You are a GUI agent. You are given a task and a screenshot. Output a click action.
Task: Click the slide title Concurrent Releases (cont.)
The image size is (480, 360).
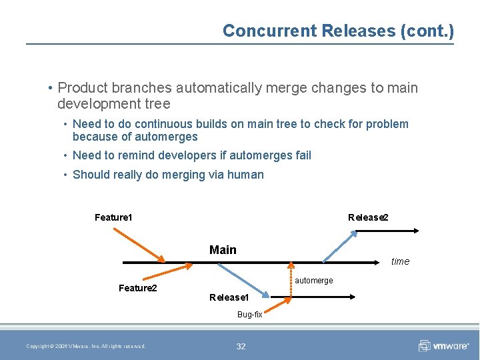click(x=338, y=31)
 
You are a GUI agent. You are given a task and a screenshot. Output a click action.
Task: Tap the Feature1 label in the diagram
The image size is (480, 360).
click(x=113, y=217)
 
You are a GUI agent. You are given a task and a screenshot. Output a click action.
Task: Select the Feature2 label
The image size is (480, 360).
click(x=137, y=288)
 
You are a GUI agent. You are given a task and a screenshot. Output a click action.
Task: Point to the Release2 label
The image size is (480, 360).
click(x=368, y=217)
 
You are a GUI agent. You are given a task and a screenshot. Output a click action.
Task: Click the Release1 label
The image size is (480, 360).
click(x=229, y=297)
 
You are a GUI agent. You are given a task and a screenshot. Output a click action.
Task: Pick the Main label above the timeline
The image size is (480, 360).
click(x=223, y=250)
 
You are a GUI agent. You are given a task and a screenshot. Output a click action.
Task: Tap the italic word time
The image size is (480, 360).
click(x=400, y=261)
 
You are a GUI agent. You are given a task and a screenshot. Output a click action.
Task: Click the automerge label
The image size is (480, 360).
click(x=314, y=281)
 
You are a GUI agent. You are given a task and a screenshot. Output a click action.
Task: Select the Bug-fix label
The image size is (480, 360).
click(x=250, y=314)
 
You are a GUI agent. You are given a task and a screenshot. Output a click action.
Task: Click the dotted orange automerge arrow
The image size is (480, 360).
click(x=290, y=279)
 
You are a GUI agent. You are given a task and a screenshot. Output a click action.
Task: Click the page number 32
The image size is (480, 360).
click(x=241, y=346)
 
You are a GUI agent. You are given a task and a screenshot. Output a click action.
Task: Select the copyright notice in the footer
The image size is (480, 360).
click(x=86, y=346)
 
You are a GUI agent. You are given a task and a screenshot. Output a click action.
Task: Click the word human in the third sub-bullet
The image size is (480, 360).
click(x=246, y=175)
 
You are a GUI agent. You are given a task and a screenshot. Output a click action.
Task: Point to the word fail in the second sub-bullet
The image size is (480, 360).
click(x=303, y=155)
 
